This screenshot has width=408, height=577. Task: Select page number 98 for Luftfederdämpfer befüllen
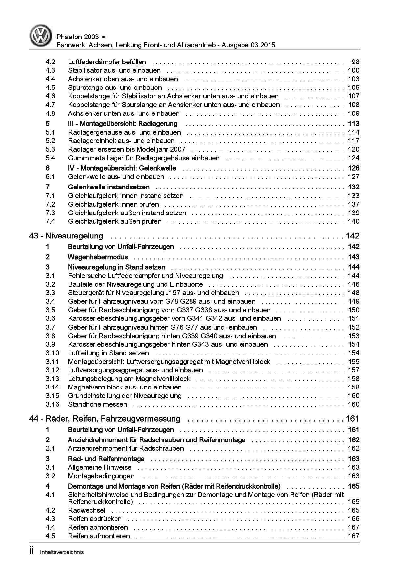pos(355,62)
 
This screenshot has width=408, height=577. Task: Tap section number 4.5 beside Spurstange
pos(50,88)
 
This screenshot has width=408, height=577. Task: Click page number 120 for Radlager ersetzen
pos(354,149)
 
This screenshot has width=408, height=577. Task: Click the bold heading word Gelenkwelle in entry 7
pos(87,187)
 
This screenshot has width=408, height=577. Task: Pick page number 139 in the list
pos(354,213)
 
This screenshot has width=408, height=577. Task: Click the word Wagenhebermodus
pos(98,257)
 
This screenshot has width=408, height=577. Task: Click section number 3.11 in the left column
pos(52,362)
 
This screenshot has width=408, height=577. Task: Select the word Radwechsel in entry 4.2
pos(87,510)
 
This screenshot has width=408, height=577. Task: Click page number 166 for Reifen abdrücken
pos(354,519)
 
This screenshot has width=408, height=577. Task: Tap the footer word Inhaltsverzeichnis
pos(62,552)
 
